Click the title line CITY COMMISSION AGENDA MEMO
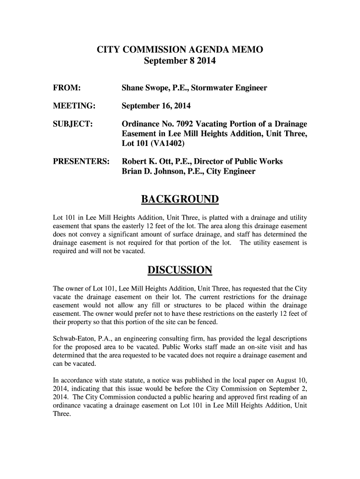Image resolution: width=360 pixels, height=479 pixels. click(x=180, y=50)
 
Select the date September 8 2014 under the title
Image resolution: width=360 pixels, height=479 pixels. click(x=180, y=61)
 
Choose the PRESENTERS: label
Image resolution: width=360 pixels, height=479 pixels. click(x=80, y=162)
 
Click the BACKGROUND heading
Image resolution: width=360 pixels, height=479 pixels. click(x=180, y=200)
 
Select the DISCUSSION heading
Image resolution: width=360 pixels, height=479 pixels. click(x=180, y=270)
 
